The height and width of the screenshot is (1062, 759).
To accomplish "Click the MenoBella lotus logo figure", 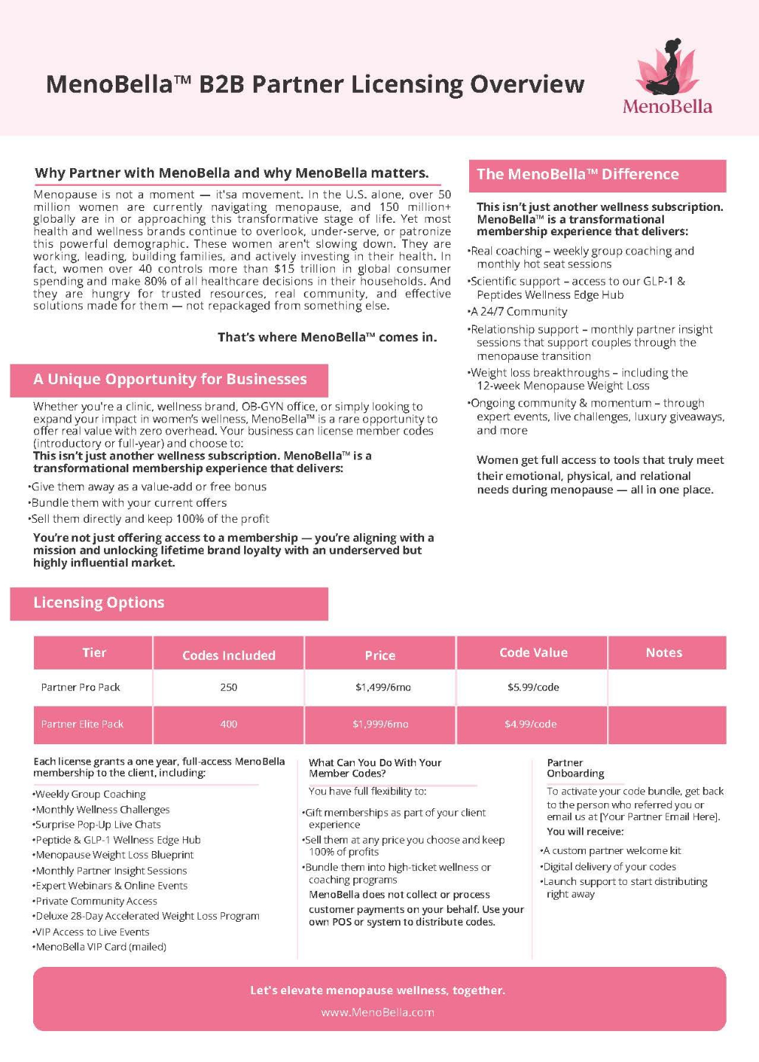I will click(667, 68).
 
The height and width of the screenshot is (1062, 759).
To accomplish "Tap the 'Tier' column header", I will click(94, 653).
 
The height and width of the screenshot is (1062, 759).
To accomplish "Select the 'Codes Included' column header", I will click(229, 655).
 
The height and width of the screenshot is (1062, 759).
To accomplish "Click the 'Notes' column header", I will click(664, 653).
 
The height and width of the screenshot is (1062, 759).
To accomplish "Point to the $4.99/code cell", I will click(530, 724).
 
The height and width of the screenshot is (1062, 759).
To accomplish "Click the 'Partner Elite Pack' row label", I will click(82, 724).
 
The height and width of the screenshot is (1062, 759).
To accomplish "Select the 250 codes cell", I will click(229, 687).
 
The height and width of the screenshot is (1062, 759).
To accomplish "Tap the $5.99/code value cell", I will click(533, 687).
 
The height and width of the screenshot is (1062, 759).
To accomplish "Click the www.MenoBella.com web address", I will click(378, 1013).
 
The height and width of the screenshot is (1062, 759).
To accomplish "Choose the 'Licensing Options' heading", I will click(99, 603).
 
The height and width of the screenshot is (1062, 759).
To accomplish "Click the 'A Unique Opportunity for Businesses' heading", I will click(170, 379).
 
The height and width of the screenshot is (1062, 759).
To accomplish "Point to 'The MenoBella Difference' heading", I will click(578, 175).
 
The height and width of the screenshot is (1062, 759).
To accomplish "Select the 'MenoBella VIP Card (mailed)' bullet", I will click(101, 947).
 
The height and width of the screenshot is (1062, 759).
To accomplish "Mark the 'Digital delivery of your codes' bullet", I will click(609, 867).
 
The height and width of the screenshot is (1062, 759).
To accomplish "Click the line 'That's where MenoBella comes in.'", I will click(327, 337).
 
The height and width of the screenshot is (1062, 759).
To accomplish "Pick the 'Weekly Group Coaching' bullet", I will click(90, 794).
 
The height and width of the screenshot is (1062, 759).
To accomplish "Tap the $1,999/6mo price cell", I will click(381, 724).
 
